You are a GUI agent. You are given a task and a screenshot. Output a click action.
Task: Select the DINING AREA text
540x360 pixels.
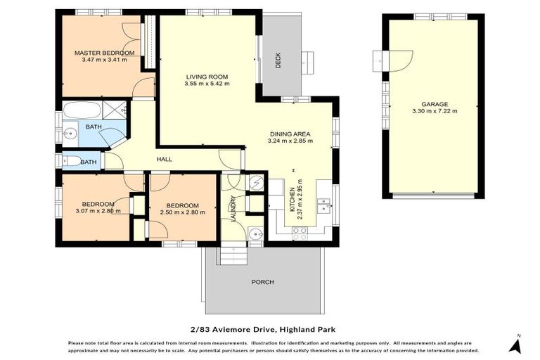(x=290, y=134)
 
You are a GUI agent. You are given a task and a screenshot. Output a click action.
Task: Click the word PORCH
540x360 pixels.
(x=262, y=282)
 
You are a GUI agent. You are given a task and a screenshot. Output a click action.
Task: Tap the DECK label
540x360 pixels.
(x=278, y=62)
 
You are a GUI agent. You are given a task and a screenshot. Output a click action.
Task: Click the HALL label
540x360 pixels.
(x=164, y=160)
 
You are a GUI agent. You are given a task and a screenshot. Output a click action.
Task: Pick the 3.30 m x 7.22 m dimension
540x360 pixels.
(x=435, y=110)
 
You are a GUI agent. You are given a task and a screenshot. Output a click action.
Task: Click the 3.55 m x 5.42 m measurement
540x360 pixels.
(x=207, y=84)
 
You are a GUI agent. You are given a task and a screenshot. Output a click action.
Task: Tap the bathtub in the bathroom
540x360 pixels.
(x=81, y=110)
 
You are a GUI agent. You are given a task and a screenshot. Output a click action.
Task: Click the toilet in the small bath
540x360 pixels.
(x=71, y=161)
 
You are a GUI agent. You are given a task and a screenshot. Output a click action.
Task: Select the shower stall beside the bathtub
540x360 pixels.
(x=115, y=110)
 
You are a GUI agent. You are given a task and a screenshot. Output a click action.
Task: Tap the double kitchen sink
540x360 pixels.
(x=324, y=205)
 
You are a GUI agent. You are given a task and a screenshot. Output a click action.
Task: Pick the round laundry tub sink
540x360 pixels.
(x=255, y=235)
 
